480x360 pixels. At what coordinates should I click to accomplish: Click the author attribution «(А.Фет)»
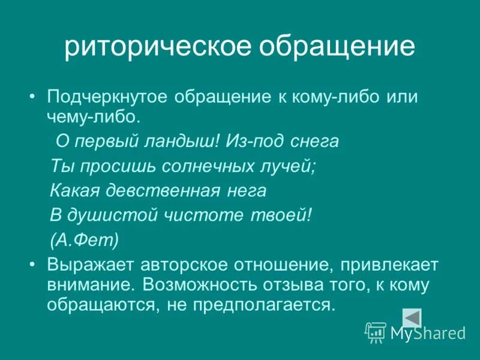84,240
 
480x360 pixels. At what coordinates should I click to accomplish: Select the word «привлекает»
382,265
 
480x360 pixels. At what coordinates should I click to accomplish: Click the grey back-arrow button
412,317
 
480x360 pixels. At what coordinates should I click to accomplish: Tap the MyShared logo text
427,334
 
